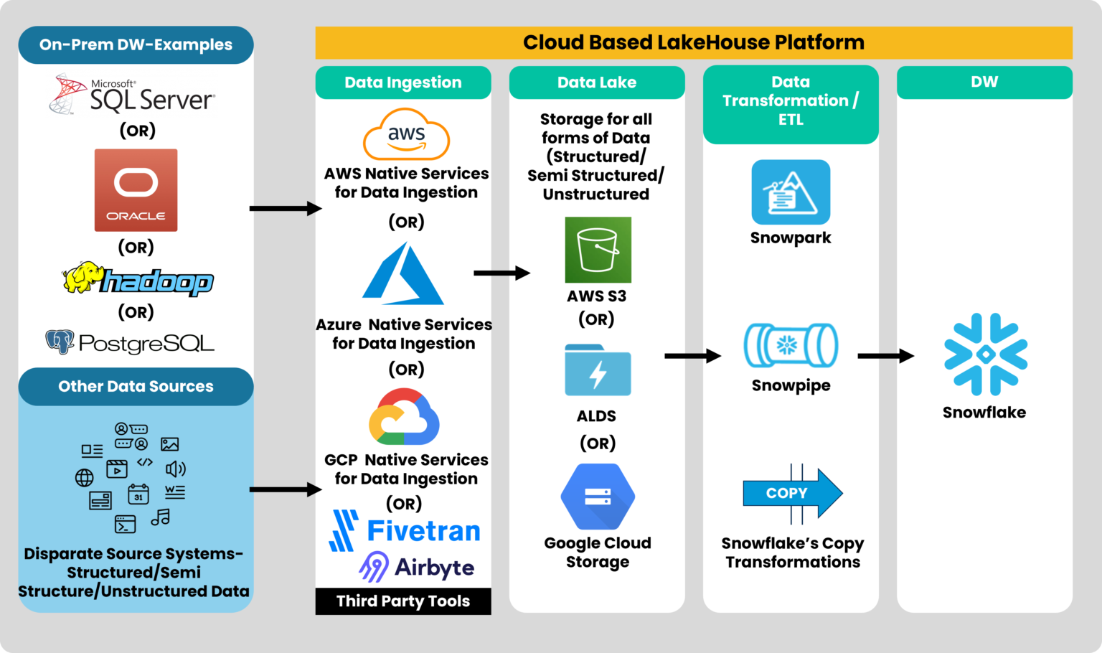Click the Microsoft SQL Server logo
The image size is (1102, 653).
pyautogui.click(x=133, y=95)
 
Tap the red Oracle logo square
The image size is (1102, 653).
pyautogui.click(x=136, y=190)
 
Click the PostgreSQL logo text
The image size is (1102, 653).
pyautogui.click(x=146, y=343)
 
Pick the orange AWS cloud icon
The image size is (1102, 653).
pyautogui.click(x=406, y=134)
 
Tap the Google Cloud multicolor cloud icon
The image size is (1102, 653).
pyautogui.click(x=404, y=418)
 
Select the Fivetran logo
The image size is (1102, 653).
pyautogui.click(x=405, y=531)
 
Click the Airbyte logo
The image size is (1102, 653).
pyautogui.click(x=417, y=567)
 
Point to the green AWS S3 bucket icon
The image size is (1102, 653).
pyautogui.click(x=598, y=250)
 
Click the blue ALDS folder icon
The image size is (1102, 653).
pyautogui.click(x=598, y=370)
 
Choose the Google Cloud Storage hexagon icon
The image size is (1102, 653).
pyautogui.click(x=598, y=497)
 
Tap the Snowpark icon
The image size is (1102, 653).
pyautogui.click(x=791, y=192)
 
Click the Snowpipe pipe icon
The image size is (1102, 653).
pyautogui.click(x=791, y=346)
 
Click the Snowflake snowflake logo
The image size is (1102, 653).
pyautogui.click(x=986, y=354)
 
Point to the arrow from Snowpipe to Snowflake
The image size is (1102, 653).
pyautogui.click(x=885, y=355)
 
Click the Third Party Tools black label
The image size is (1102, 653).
pyautogui.click(x=403, y=601)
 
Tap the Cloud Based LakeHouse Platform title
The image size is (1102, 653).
pyautogui.click(x=694, y=42)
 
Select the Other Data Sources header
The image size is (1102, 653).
pyautogui.click(x=136, y=387)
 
